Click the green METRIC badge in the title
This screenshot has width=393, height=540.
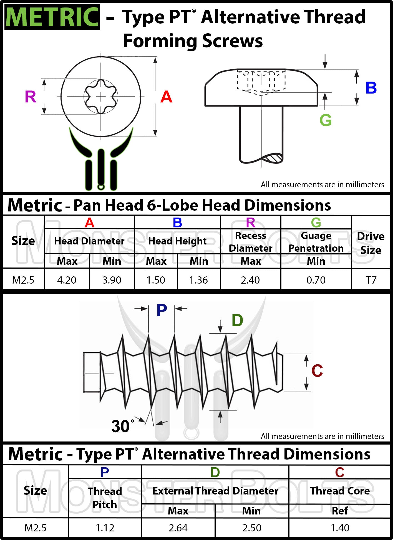tap(52, 17)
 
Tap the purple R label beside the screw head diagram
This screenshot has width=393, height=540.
tap(31, 97)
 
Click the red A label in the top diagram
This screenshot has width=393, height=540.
tap(166, 97)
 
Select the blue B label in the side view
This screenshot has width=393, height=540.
tap(371, 88)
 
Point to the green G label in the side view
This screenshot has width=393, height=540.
tap(325, 120)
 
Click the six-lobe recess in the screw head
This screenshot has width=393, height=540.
tap(101, 97)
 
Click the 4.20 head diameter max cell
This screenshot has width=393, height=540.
tap(67, 280)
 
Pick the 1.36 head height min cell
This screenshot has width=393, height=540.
tap(198, 280)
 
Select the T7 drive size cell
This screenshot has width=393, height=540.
tap(371, 280)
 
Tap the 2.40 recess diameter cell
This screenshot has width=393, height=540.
tap(250, 280)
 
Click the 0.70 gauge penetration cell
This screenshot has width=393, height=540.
tap(316, 280)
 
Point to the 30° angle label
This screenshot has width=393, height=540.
tap(122, 426)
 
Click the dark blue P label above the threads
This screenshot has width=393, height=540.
tap(162, 310)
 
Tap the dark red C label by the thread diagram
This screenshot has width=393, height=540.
tap(317, 371)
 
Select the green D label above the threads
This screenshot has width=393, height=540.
tap(237, 321)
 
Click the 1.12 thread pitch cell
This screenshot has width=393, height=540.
tap(105, 528)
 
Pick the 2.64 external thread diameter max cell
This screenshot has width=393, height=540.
tap(178, 528)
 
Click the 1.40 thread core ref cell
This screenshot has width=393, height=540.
tap(340, 528)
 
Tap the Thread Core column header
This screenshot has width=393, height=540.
tap(340, 491)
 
